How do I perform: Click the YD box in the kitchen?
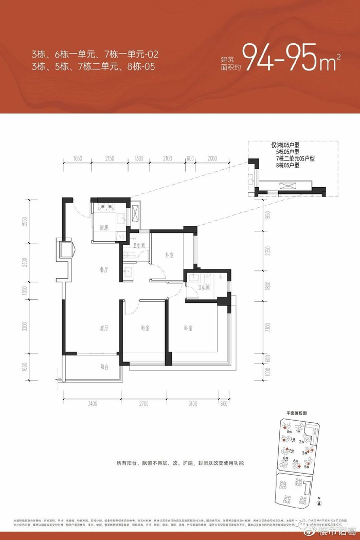[x=121, y=237]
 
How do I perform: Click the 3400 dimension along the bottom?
[x=92, y=404]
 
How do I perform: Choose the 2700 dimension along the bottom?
[x=143, y=404]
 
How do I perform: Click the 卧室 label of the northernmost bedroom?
[x=169, y=255]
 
